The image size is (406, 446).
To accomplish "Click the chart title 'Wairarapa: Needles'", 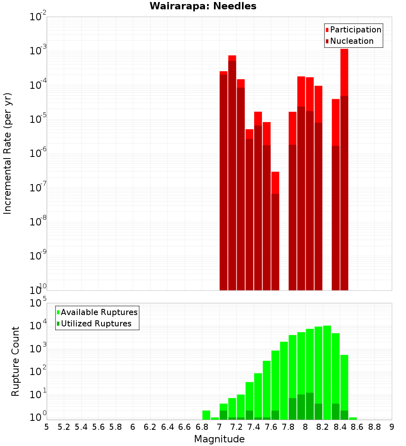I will pyautogui.click(x=203, y=6).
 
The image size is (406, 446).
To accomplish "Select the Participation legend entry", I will pyautogui.click(x=356, y=30).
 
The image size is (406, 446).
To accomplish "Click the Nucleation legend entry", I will pyautogui.click(x=352, y=41).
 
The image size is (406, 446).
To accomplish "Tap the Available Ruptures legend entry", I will pyautogui.click(x=99, y=312).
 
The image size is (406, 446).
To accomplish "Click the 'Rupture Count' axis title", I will pyautogui.click(x=15, y=361).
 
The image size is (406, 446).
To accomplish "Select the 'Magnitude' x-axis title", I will pyautogui.click(x=219, y=439).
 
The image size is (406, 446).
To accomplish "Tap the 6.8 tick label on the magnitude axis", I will pyautogui.click(x=202, y=427).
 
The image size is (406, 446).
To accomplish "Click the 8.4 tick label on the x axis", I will pyautogui.click(x=340, y=427).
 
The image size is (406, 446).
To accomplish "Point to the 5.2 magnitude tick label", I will pyautogui.click(x=64, y=427).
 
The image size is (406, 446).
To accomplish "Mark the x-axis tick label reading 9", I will pyautogui.click(x=391, y=427).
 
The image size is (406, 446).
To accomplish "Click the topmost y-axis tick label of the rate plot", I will pyautogui.click(x=38, y=17).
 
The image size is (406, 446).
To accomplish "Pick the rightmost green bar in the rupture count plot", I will pyautogui.click(x=353, y=418).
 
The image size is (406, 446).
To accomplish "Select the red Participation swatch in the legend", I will pyautogui.click(x=327, y=30).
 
